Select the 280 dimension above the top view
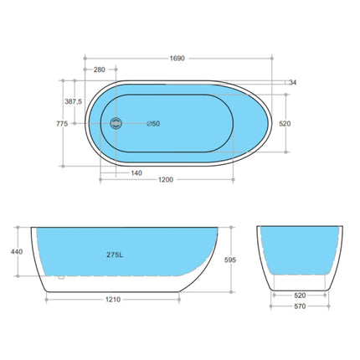coord(100,69)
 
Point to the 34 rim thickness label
coord(292,82)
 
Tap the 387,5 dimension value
coord(73,101)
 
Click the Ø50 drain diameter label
coord(152,125)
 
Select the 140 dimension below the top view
coord(135,173)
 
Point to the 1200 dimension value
coord(177,182)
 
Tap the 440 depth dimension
coord(16,249)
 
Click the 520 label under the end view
coord(299,295)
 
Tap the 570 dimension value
coord(299,306)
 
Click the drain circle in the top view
coord(117,124)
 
